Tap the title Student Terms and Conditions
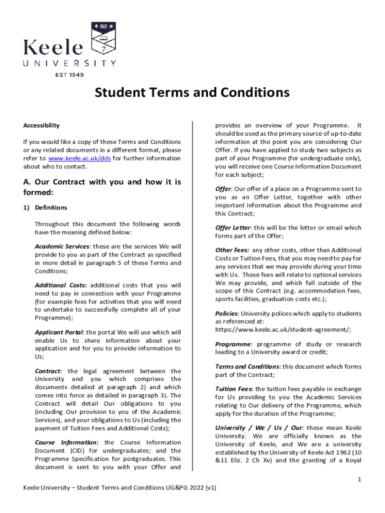click(192, 93)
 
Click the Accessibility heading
click(41, 125)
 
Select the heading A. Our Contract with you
click(102, 187)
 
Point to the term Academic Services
click(62, 246)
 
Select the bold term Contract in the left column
click(47, 371)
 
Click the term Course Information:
click(66, 442)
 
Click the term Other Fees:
click(232, 250)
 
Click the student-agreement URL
click(283, 330)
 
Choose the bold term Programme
click(232, 344)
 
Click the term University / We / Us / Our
click(258, 428)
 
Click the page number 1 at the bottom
click(359, 480)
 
